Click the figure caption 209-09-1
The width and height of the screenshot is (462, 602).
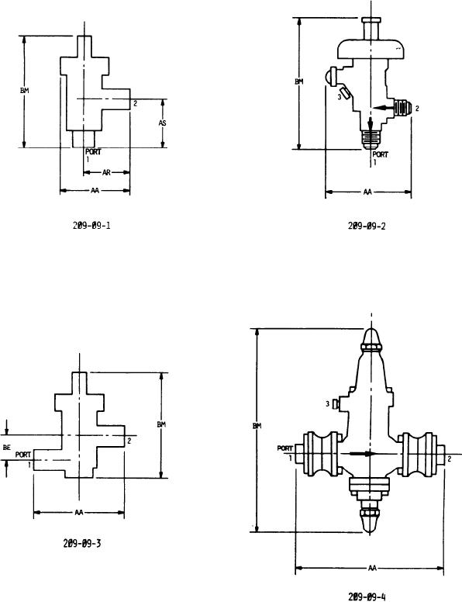tap(91, 225)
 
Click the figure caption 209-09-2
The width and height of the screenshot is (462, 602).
tap(367, 226)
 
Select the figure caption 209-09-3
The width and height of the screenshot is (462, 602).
tap(82, 543)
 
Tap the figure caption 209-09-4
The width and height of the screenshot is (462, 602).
tap(367, 597)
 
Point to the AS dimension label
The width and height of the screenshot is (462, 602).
tap(163, 123)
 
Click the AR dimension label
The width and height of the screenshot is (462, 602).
tap(106, 173)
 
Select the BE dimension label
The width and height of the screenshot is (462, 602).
tap(6, 448)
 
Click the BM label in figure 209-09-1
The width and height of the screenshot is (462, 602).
tap(25, 91)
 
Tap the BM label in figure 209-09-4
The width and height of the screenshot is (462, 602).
tap(257, 426)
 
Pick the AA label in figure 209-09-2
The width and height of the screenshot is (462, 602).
tap(367, 192)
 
